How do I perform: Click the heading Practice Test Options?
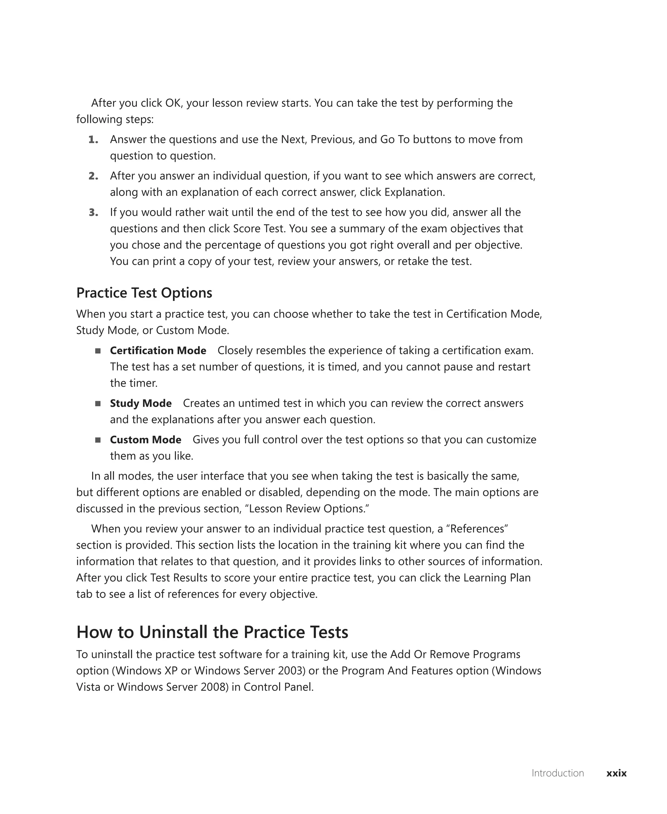click(x=144, y=293)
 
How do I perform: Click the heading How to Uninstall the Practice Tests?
click(x=212, y=632)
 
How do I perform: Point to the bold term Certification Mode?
click(x=158, y=351)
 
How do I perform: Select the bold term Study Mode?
click(x=141, y=403)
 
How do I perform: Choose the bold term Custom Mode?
click(x=146, y=440)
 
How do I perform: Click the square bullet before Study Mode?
click(x=98, y=403)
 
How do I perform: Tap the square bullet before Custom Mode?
click(x=98, y=440)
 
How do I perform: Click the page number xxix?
click(x=616, y=773)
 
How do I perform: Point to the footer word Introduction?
click(x=558, y=773)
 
